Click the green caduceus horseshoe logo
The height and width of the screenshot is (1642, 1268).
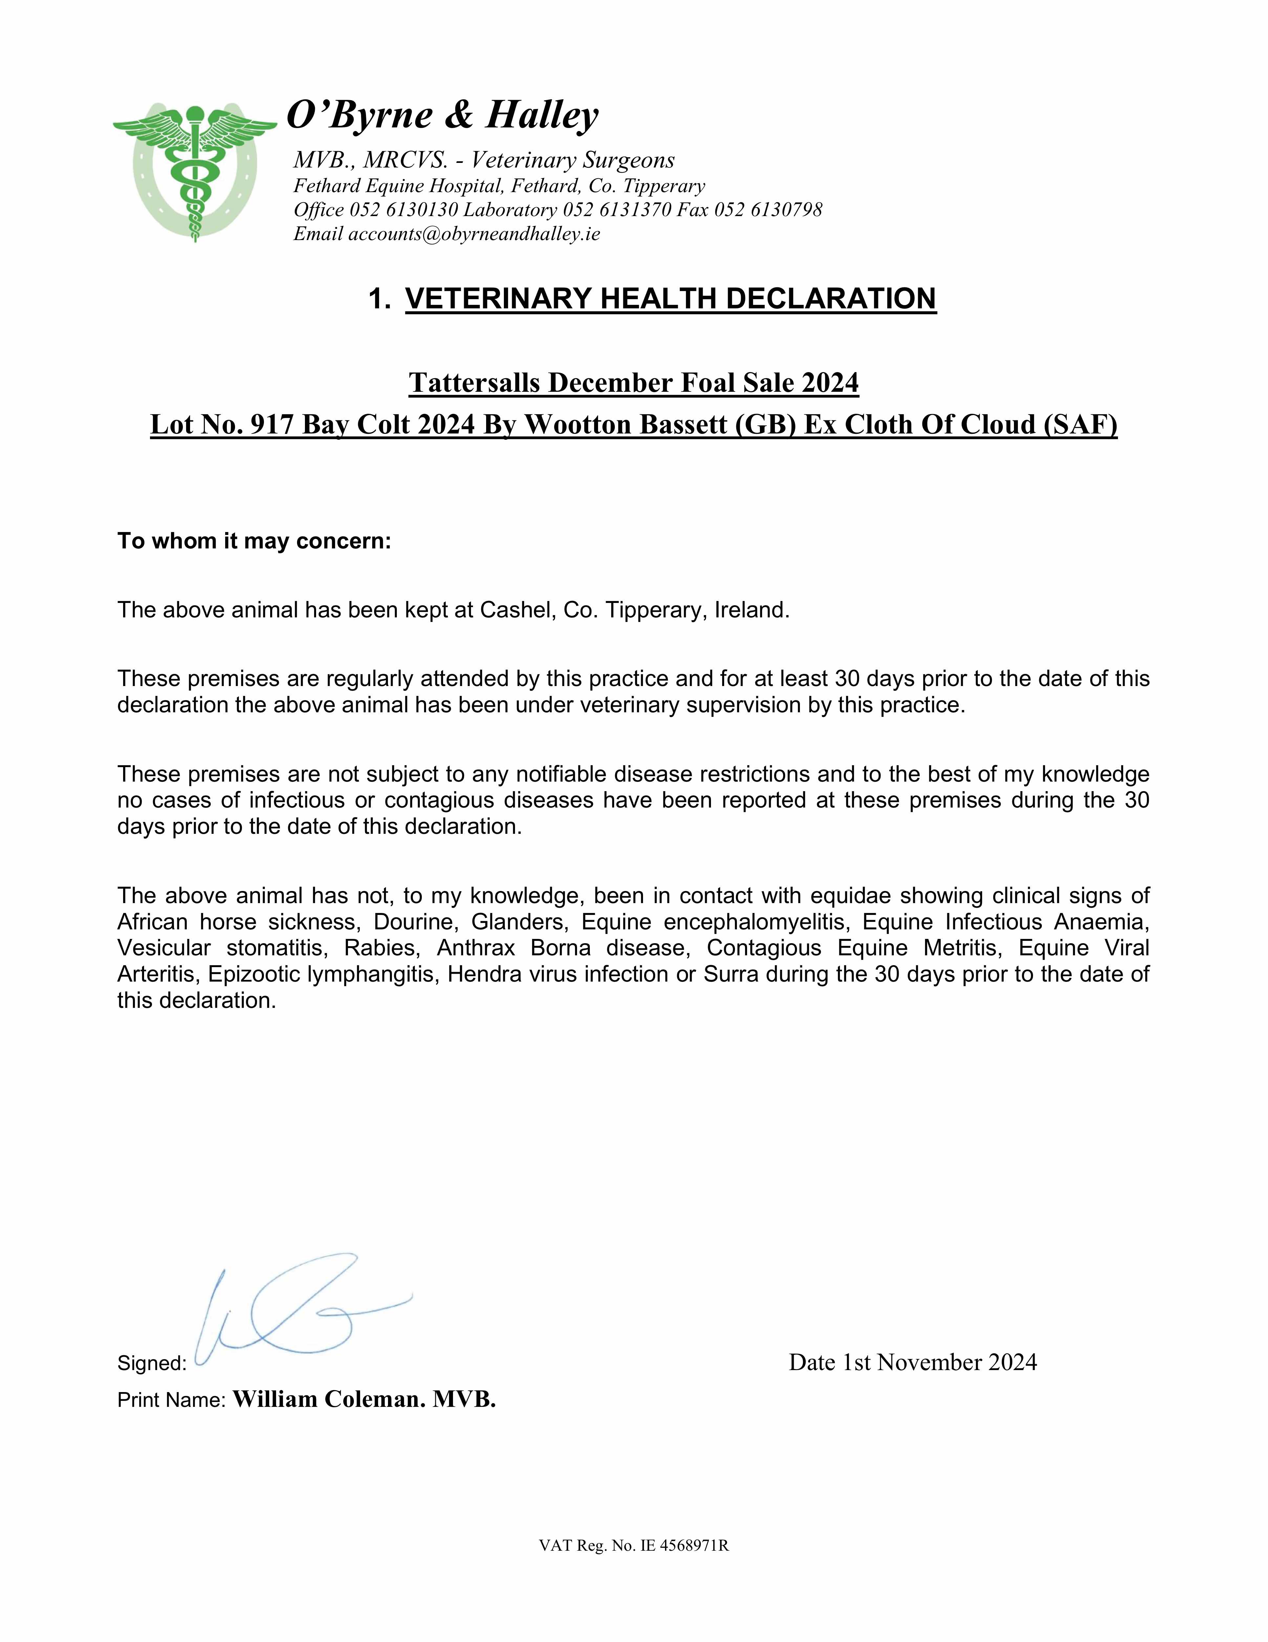(195, 171)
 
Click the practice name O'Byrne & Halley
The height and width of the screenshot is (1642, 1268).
(443, 115)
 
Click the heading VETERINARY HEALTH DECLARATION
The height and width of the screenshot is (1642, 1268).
(671, 299)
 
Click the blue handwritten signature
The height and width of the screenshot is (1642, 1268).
(301, 1308)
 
